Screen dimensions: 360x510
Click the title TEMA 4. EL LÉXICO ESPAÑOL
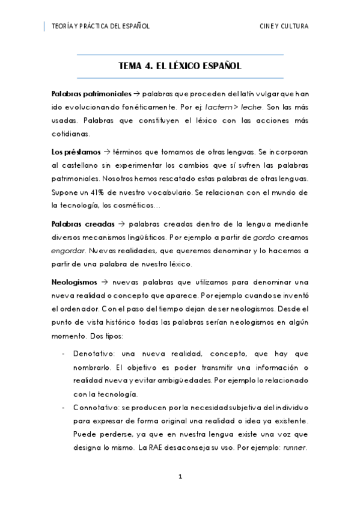[181, 67]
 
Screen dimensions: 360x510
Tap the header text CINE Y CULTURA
[284, 26]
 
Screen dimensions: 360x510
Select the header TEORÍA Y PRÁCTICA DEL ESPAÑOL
[101, 26]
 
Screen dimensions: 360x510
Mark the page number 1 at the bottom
[180, 477]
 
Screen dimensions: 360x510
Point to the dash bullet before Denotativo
[64, 353]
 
